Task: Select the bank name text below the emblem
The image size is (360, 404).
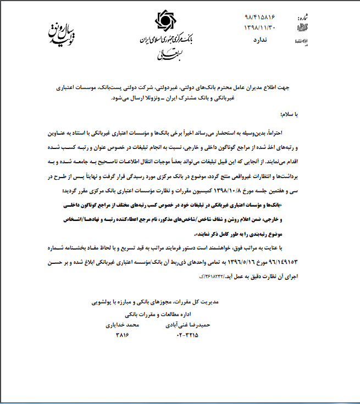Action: click(168, 39)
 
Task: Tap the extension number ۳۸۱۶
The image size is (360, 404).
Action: click(121, 335)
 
